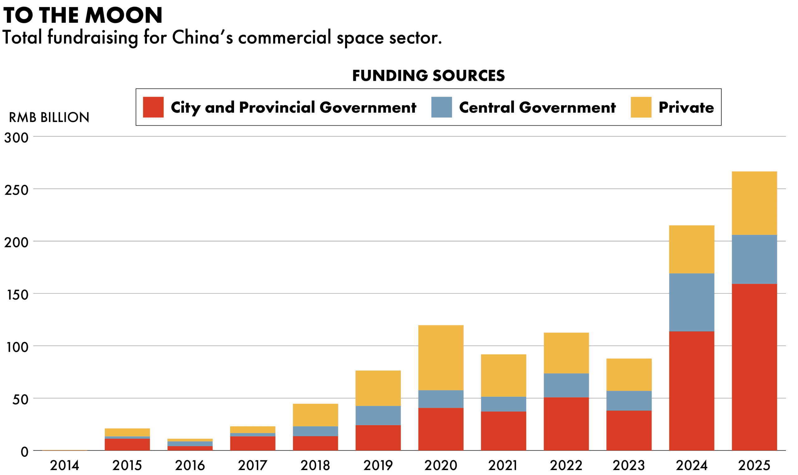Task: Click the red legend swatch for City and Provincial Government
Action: tap(153, 107)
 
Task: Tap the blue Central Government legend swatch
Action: tap(441, 107)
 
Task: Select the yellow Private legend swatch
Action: tap(641, 107)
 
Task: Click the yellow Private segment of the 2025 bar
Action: tap(754, 203)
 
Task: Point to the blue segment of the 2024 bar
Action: tap(691, 303)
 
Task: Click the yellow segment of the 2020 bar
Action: tap(441, 358)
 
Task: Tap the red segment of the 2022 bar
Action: tap(566, 424)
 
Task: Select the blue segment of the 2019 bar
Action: tap(378, 415)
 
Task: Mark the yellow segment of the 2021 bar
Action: tap(503, 376)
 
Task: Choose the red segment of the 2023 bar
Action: tap(629, 430)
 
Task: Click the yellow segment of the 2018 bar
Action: tap(315, 415)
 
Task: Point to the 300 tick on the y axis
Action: tap(16, 138)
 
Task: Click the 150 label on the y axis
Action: tap(17, 295)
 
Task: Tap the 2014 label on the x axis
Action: tap(64, 465)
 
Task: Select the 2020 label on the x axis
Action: tap(441, 465)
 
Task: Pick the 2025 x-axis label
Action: tap(754, 465)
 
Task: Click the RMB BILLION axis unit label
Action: tap(49, 118)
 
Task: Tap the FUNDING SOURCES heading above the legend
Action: tap(428, 75)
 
